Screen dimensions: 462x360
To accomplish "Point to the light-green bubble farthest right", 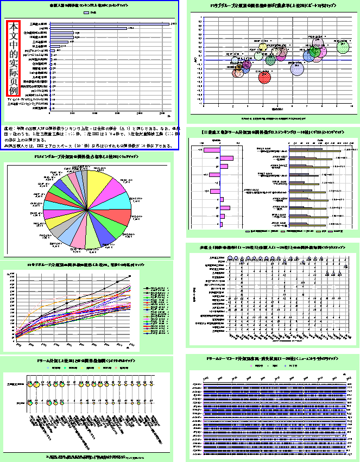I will (343, 47).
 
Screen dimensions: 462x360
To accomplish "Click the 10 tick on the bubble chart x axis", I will (352, 107).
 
